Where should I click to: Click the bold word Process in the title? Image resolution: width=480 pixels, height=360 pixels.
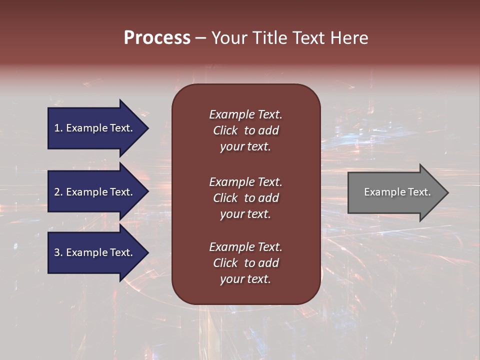(157, 38)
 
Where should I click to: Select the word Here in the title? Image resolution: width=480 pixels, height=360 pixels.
(348, 38)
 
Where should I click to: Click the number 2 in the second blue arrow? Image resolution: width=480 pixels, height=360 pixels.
(57, 192)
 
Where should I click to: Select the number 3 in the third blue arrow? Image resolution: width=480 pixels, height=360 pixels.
(57, 252)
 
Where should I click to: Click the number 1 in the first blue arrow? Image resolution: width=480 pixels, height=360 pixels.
(57, 128)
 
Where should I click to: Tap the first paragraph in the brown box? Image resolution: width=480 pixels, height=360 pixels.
(245, 130)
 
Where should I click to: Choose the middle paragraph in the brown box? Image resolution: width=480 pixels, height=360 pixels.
(245, 198)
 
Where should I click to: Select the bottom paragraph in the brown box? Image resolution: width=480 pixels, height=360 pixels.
(245, 263)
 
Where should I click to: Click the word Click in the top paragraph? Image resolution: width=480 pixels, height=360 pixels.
(225, 130)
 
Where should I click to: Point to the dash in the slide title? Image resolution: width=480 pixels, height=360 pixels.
(200, 38)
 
